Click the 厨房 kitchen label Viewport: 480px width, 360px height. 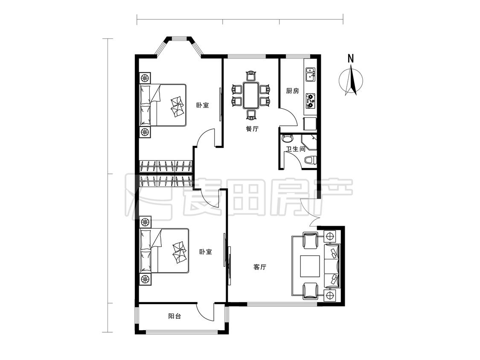[292, 91]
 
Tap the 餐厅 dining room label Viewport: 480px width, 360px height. [252, 129]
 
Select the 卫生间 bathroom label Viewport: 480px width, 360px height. [295, 149]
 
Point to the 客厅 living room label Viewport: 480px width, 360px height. [260, 267]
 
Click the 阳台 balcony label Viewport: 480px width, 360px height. [175, 316]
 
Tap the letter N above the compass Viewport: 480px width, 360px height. [351, 58]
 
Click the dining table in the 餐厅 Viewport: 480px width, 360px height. [251, 95]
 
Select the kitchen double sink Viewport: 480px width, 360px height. [311, 74]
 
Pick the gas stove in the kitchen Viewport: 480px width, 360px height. [311, 101]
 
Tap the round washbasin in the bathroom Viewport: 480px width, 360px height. [288, 138]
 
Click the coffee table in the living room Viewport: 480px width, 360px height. [310, 266]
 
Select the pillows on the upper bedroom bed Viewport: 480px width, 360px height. [177, 106]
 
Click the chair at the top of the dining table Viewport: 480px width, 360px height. [251, 76]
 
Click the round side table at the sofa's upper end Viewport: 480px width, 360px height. [330, 236]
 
